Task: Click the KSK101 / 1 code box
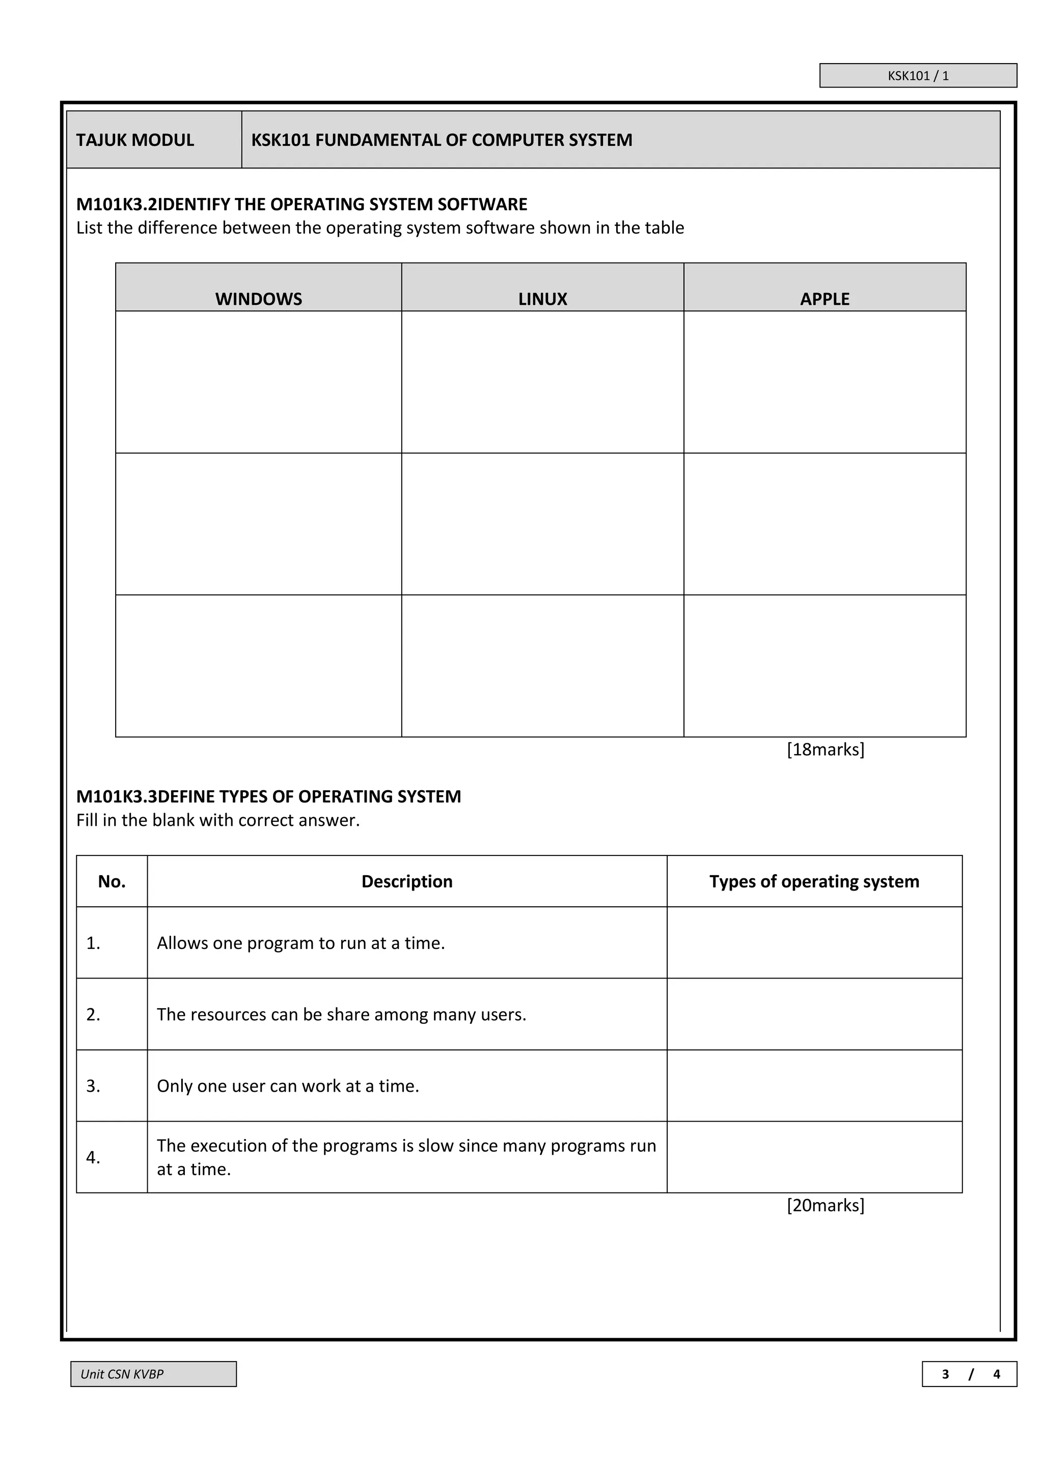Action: (x=918, y=76)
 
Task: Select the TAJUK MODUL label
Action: (x=135, y=140)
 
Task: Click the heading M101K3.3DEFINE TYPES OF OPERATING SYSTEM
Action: (x=268, y=796)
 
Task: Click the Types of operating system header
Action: (x=814, y=881)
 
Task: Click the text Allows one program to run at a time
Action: (x=300, y=943)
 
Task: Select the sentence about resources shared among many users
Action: (x=341, y=1014)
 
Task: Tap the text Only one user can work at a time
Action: (x=288, y=1086)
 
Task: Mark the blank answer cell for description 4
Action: (x=814, y=1157)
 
